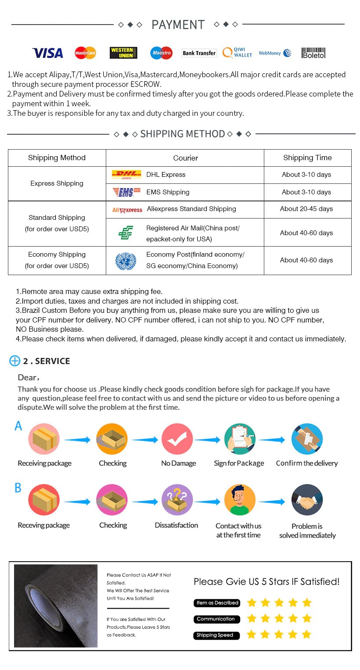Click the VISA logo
pos(47,53)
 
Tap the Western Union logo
pos(123,53)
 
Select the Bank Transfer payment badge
pos(199,53)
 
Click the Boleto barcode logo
pos(313,53)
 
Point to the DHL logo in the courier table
pos(126,175)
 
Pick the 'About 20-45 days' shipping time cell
pos(306,209)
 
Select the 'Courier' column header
pos(185,158)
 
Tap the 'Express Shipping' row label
pos(57,183)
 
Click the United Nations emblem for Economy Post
pos(126,260)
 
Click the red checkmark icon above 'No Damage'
pos(177,439)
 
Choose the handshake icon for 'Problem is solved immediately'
pos(307,500)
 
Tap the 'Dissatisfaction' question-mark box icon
pos(177,500)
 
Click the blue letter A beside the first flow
pos(18,426)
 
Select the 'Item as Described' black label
pos(217,603)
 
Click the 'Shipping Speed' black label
pos(216,635)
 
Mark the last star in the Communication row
pos(307,619)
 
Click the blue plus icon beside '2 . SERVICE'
pos(15,361)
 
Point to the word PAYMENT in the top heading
pos(178,25)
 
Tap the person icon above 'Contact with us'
pos(240,500)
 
